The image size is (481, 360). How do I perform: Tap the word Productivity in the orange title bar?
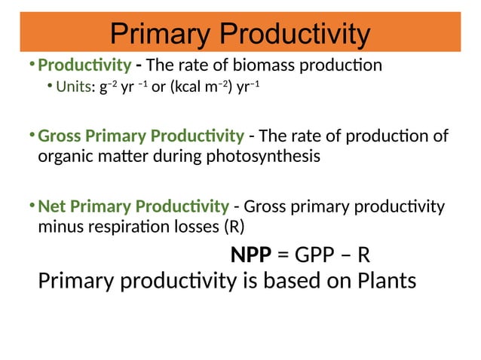pos(291,34)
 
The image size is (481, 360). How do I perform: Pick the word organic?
pos(62,157)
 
